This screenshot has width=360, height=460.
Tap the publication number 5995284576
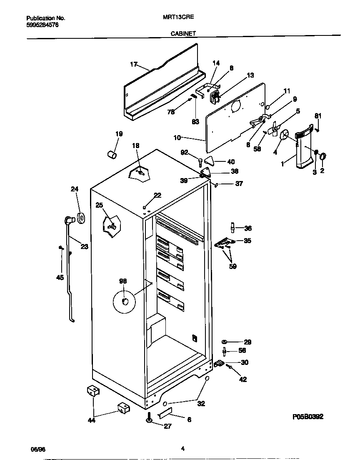tap(42, 25)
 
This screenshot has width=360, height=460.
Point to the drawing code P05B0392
tap(308, 416)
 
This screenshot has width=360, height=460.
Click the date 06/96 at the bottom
tap(38, 449)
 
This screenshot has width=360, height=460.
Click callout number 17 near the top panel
tap(133, 64)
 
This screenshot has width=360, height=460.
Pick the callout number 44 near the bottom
tap(91, 420)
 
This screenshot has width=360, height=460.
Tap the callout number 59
tap(232, 266)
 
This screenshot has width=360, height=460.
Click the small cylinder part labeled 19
tap(112, 155)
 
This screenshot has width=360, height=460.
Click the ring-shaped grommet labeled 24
tap(80, 217)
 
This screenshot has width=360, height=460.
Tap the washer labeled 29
tap(225, 342)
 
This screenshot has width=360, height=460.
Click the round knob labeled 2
tap(323, 156)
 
